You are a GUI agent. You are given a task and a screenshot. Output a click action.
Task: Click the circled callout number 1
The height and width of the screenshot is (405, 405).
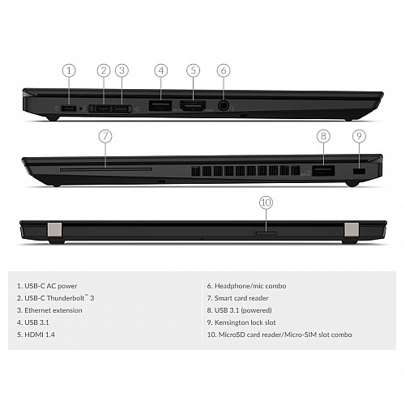click(x=69, y=70)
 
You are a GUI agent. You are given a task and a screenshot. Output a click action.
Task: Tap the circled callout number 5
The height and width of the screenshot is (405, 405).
click(x=193, y=70)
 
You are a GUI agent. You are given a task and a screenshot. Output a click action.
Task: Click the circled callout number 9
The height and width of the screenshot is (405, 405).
click(x=360, y=136)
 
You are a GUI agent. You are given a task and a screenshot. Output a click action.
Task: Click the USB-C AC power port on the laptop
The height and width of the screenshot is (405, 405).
click(x=69, y=108)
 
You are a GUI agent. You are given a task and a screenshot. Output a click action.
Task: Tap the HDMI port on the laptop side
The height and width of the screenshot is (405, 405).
click(x=193, y=105)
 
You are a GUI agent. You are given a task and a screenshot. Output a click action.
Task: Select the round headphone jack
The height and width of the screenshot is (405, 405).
click(x=224, y=105)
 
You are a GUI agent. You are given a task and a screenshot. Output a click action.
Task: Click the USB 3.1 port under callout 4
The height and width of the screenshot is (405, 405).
click(x=160, y=105)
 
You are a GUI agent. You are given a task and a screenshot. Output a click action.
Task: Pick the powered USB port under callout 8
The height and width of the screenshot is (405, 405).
click(x=322, y=171)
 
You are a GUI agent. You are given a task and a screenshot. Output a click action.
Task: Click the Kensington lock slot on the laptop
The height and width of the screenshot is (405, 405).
click(x=360, y=172)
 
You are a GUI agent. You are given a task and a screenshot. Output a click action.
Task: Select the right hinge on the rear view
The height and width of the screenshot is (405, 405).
click(x=351, y=232)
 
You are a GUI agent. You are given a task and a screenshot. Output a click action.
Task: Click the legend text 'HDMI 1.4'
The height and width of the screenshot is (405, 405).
click(x=40, y=334)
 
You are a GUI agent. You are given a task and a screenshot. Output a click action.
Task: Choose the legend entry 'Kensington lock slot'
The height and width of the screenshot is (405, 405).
click(x=253, y=322)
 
